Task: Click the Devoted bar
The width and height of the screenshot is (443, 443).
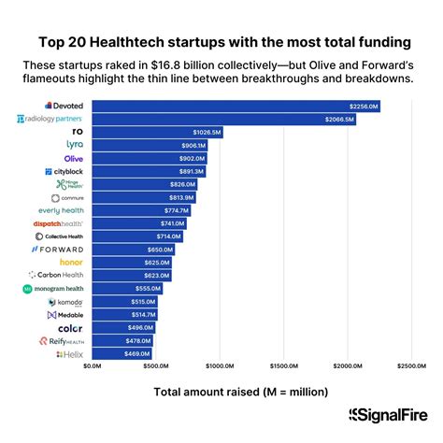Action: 234,106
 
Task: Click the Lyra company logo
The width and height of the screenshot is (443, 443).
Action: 75,145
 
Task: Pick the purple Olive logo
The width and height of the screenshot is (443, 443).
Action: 74,159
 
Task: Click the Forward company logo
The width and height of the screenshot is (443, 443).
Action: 58,250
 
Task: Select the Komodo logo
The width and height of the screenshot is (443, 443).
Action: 65,303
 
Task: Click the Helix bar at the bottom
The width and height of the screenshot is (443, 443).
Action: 121,355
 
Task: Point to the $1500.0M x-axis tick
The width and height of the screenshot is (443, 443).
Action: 282,366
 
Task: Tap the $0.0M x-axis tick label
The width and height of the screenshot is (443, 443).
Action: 92,366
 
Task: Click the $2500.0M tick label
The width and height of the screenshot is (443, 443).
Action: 410,366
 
